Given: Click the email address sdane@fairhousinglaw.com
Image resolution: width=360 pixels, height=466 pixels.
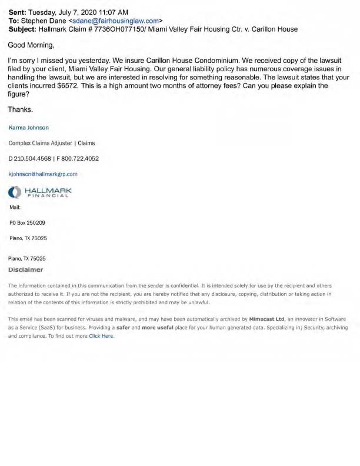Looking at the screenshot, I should pyautogui.click(x=115, y=20).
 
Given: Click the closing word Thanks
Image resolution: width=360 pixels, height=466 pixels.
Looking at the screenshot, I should pyautogui.click(x=20, y=109).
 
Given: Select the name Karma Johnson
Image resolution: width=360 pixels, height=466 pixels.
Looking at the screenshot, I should pyautogui.click(x=29, y=127).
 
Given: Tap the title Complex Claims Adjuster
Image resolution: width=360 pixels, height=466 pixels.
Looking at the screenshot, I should pyautogui.click(x=39, y=143).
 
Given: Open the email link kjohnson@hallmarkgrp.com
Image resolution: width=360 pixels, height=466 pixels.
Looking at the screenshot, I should pyautogui.click(x=43, y=174).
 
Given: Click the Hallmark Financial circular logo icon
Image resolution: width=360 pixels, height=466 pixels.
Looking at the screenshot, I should pyautogui.click(x=15, y=191).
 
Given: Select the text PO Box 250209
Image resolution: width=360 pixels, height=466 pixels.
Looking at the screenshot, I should pyautogui.click(x=28, y=223).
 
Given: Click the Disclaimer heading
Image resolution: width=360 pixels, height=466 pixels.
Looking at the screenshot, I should pyautogui.click(x=26, y=269).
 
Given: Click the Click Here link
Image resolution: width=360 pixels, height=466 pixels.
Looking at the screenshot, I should pyautogui.click(x=101, y=336).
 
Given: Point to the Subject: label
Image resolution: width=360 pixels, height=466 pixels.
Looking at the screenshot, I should pyautogui.click(x=21, y=29).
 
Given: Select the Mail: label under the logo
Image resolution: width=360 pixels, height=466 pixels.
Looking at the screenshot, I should pyautogui.click(x=15, y=207).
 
